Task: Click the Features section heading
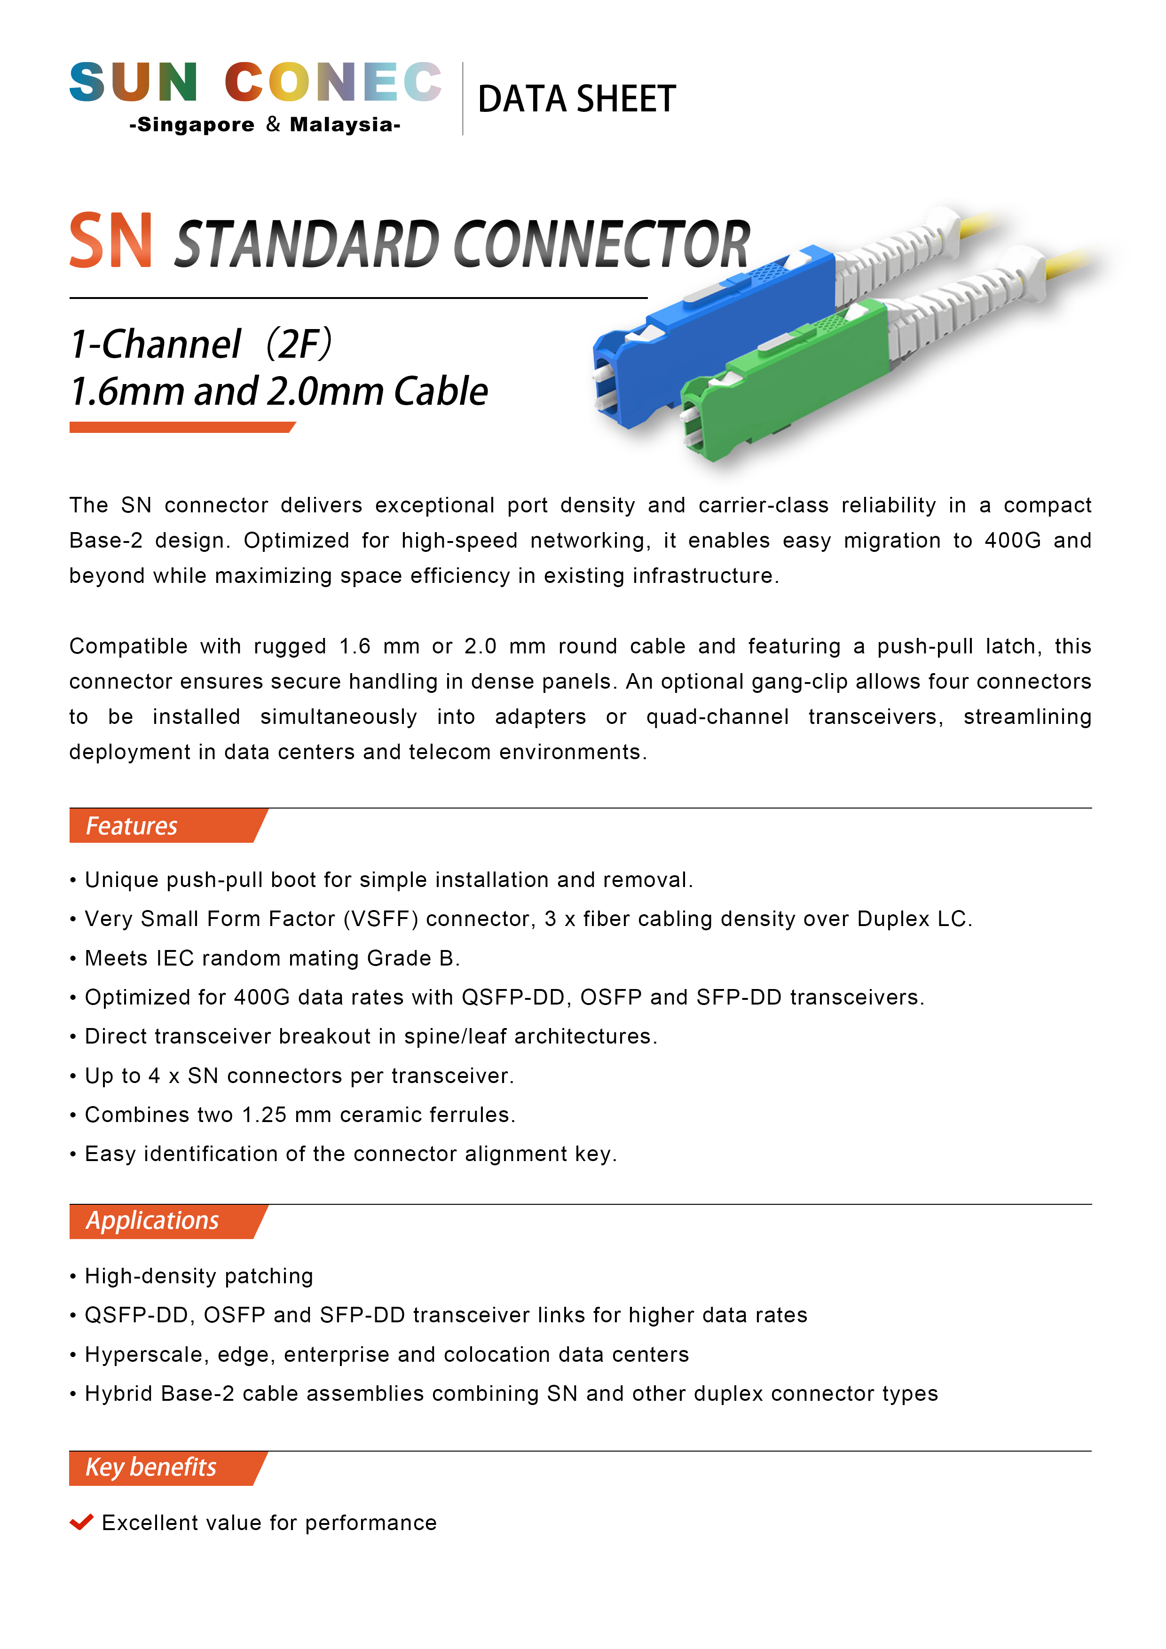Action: tap(132, 826)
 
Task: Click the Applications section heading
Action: tap(152, 1221)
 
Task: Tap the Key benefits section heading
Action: tap(151, 1467)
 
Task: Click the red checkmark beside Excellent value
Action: tap(81, 1522)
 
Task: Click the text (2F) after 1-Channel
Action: tap(299, 344)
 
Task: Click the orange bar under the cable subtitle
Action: tap(181, 427)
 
